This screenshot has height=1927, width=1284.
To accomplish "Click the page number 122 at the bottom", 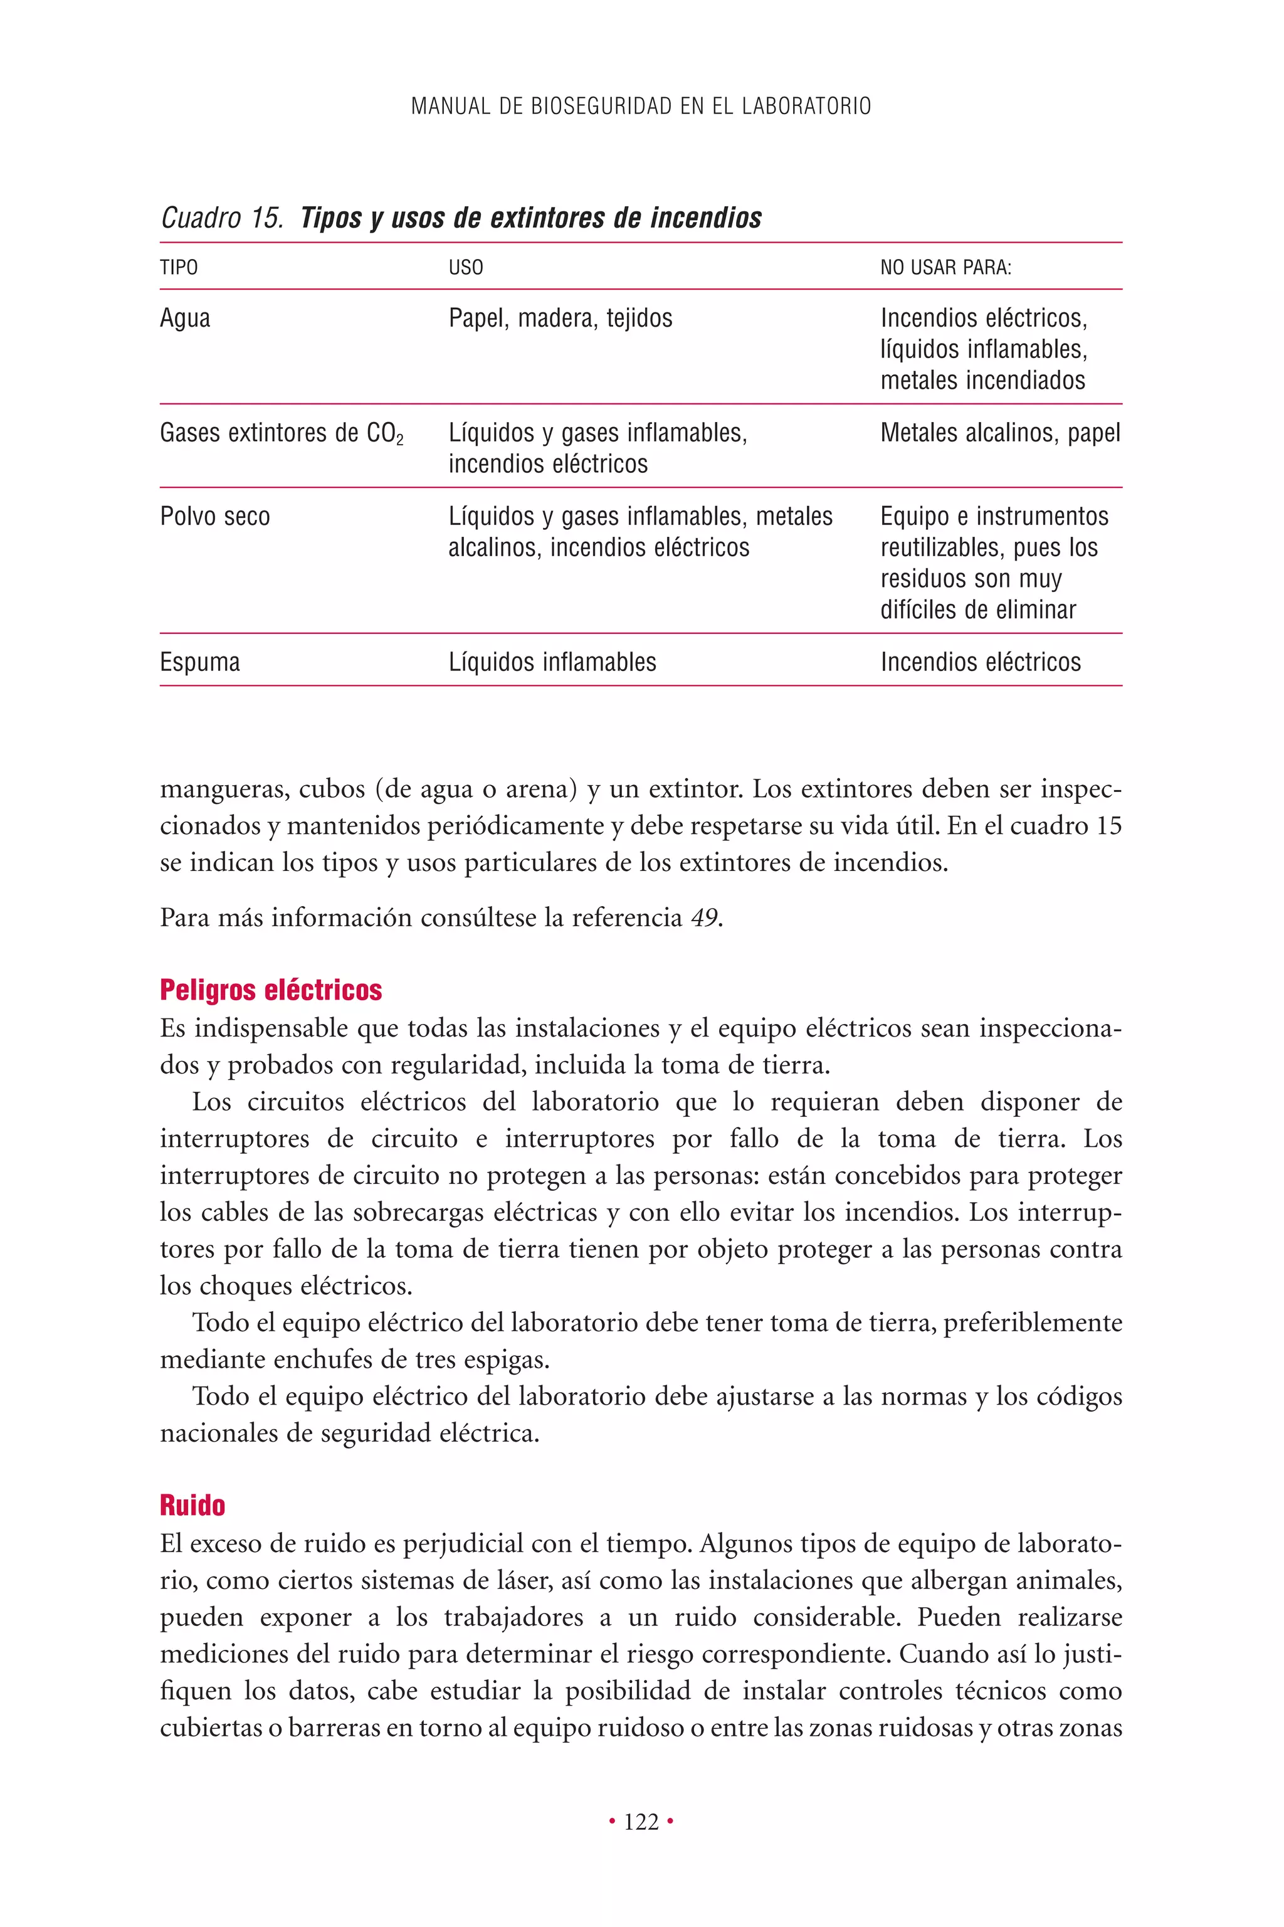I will (641, 1822).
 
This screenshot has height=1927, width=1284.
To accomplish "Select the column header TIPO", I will (179, 268).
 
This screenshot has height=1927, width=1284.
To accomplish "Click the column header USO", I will (465, 268).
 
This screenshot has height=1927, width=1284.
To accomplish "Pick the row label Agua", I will (185, 318).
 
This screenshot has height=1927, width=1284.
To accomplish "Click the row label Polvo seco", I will (214, 517).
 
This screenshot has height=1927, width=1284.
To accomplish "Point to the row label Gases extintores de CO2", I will (281, 433).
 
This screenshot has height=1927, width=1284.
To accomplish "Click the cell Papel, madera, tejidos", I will (560, 318).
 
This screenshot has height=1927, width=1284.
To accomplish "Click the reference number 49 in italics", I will (703, 917).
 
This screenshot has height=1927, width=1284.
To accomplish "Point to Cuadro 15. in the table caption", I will (221, 218).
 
